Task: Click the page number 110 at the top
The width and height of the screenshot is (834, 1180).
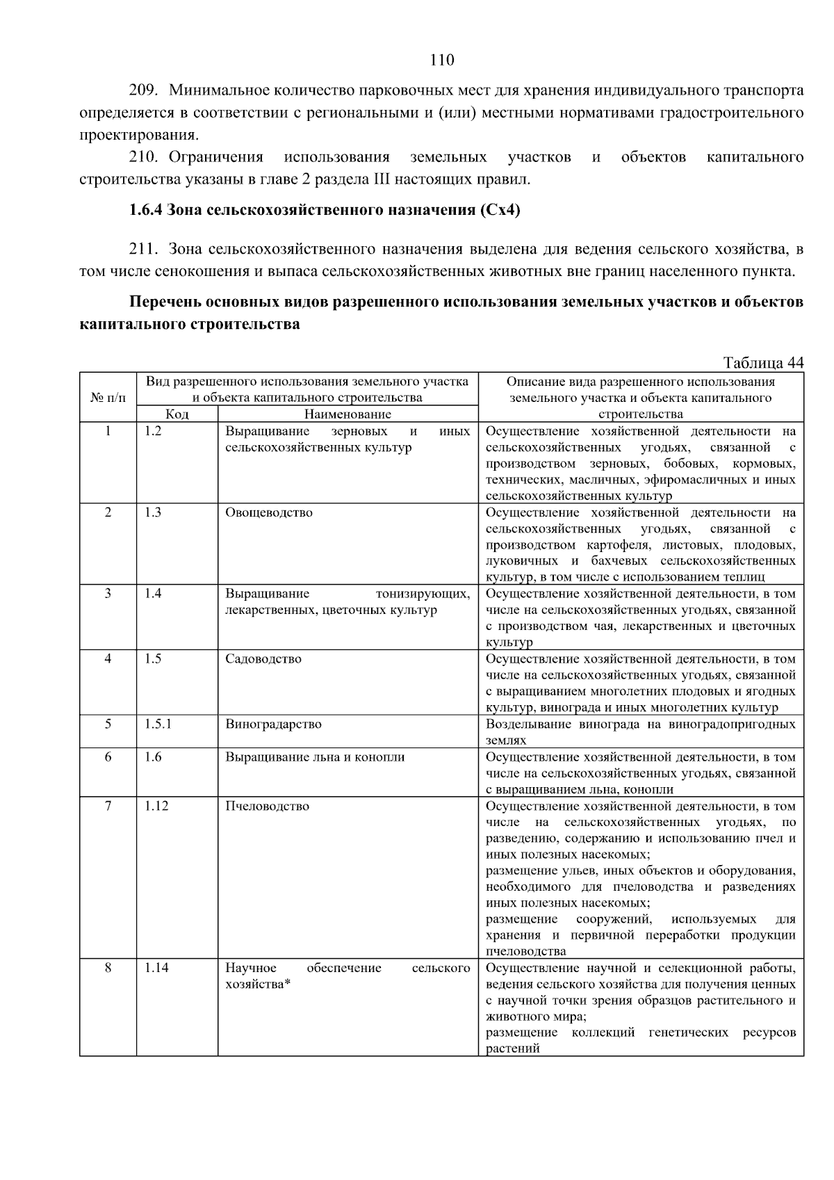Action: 442,60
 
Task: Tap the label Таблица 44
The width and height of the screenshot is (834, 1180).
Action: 762,363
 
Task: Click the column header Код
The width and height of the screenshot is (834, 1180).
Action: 177,414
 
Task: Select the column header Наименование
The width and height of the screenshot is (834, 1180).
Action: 347,414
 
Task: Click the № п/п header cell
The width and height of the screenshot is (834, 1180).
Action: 108,398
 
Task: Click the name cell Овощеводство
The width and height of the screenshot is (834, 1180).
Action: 269,512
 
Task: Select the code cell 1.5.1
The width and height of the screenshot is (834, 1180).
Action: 158,724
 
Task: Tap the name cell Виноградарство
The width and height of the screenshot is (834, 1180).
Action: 273,724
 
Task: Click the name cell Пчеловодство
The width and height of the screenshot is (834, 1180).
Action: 267,806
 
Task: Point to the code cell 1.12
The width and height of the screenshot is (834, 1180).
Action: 156,806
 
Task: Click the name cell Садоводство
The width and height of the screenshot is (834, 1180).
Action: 263,658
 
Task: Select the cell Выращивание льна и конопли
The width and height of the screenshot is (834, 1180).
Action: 315,757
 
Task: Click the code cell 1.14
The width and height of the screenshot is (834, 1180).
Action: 156,968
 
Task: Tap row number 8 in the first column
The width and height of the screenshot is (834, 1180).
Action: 108,968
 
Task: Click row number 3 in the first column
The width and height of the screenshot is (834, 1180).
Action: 108,594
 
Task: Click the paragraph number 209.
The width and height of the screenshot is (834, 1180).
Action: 145,90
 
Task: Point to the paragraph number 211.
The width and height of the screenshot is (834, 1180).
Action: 145,248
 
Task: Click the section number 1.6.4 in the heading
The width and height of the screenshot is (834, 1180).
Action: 146,210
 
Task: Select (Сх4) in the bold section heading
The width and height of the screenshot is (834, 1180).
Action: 499,210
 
